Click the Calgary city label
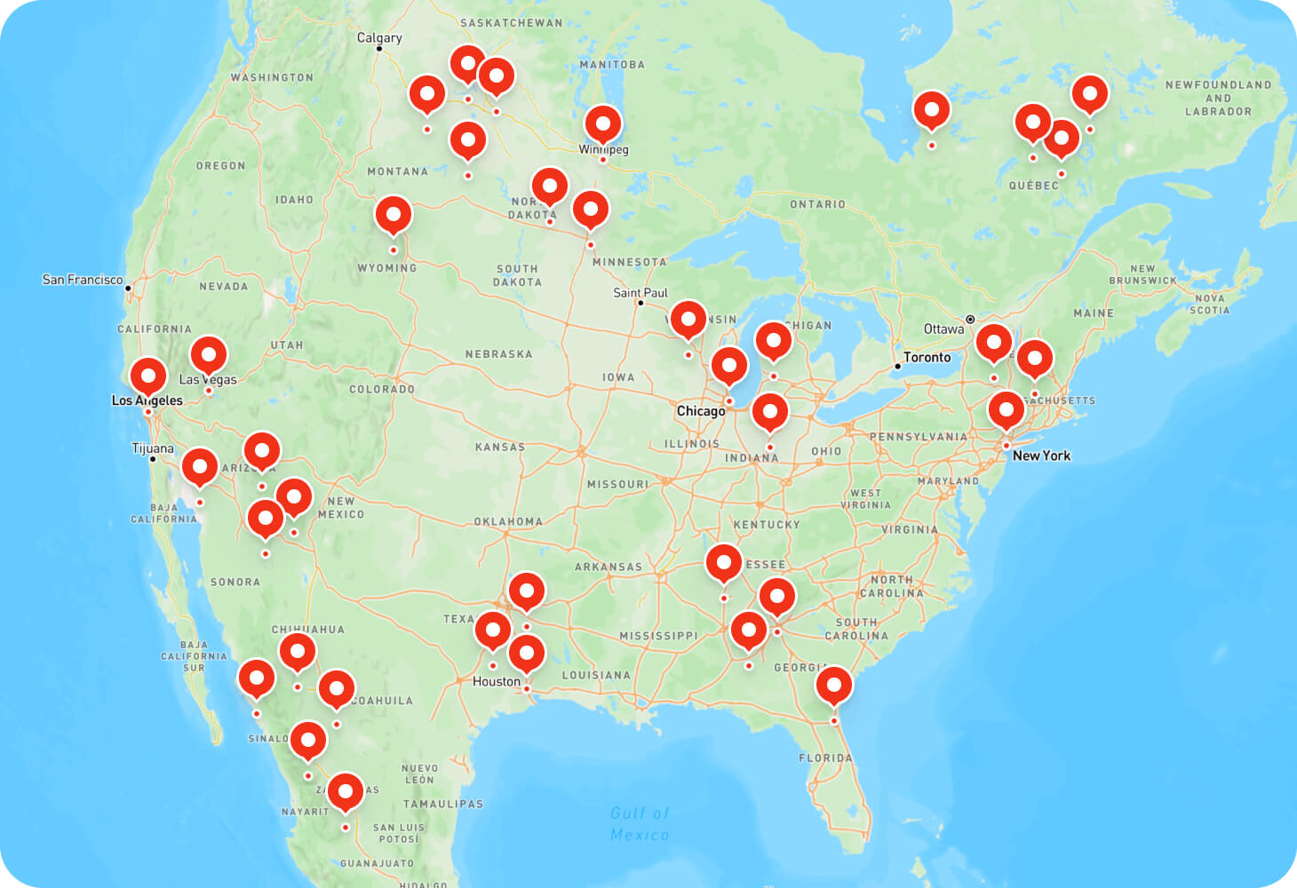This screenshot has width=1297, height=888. coord(379,37)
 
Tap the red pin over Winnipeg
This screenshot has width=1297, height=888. coord(603,124)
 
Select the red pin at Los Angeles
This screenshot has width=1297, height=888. coord(148,377)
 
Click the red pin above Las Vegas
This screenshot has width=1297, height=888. coord(209,355)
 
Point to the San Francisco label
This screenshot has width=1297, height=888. coord(83,280)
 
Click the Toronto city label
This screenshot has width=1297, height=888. coord(927,357)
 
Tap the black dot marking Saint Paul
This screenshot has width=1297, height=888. coord(641,304)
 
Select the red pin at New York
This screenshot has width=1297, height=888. coord(1007,410)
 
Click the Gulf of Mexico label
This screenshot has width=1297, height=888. coord(640,824)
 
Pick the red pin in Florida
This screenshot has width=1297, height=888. coord(834,686)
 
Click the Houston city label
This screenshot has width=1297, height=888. coord(497,681)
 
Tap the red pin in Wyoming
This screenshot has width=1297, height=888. coord(394,215)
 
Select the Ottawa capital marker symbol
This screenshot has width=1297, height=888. coord(970,319)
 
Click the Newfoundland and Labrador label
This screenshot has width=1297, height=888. coord(1218,98)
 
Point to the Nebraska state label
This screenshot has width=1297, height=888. coord(499,354)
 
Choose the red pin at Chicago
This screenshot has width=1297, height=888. coord(729,366)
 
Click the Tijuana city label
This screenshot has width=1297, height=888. coord(153,448)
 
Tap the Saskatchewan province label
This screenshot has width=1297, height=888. coord(512,23)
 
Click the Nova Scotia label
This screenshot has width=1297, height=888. coord(1210,304)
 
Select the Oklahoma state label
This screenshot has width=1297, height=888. coord(508,522)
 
